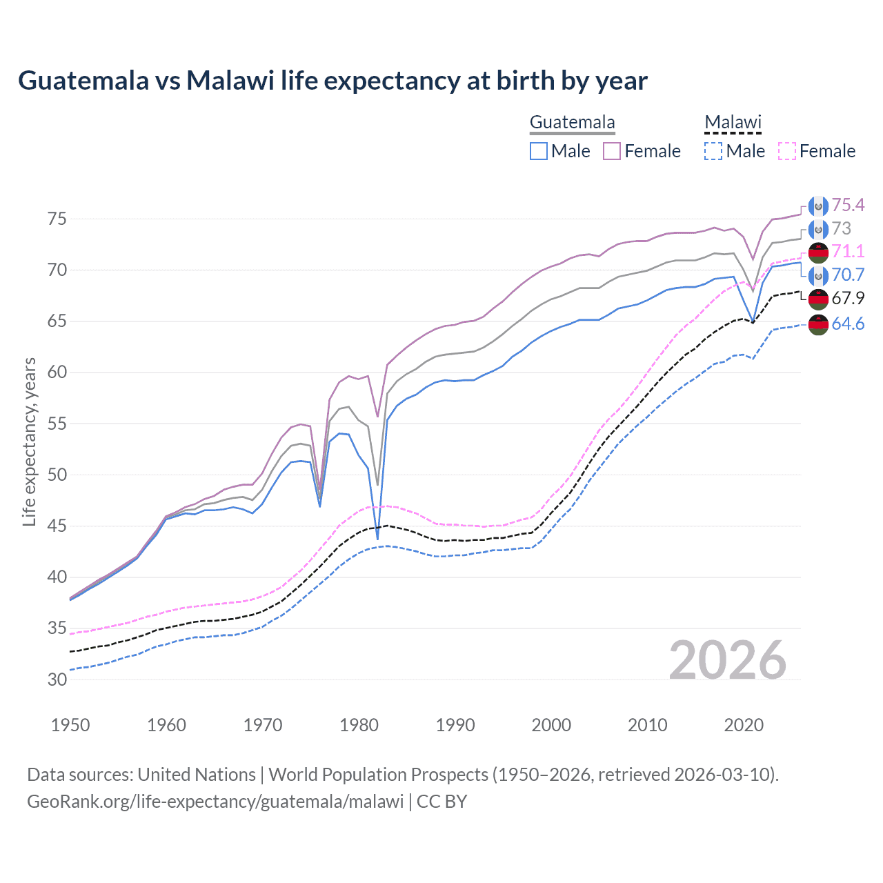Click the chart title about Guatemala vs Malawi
[x=333, y=81]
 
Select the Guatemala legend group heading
[x=572, y=123]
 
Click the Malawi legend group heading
[x=733, y=123]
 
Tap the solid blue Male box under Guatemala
[x=539, y=151]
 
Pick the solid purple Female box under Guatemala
[x=612, y=151]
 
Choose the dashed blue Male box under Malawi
[x=713, y=151]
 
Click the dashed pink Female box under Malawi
[x=787, y=151]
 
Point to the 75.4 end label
[x=848, y=205]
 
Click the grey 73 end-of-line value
[x=841, y=228]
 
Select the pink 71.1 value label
[x=848, y=251]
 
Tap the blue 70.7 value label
[x=848, y=275]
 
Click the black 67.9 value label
[x=848, y=298]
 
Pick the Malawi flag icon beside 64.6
[x=818, y=324]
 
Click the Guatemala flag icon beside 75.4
[x=818, y=206]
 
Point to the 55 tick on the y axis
[x=57, y=424]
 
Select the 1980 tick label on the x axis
[x=359, y=725]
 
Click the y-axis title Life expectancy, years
[x=29, y=441]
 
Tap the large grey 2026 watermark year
[x=727, y=660]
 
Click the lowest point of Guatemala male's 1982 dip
[x=377, y=539]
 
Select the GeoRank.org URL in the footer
[x=215, y=802]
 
